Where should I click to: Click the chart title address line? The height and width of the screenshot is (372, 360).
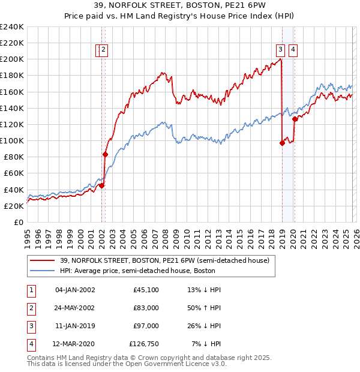[179, 5]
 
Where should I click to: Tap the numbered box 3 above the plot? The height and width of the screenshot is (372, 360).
[280, 50]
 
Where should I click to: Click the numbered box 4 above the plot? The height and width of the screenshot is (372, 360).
[293, 50]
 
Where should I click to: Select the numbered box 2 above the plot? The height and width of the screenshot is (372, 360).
[104, 50]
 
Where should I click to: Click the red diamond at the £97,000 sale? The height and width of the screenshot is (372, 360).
[282, 143]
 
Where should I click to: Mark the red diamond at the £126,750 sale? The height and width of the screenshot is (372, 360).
[295, 119]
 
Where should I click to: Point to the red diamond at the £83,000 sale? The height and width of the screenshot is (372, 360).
[105, 154]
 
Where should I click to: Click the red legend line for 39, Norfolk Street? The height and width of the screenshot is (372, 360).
[42, 260]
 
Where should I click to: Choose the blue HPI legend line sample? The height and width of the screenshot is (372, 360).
[42, 271]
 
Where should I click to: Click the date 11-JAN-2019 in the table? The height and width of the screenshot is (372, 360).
[75, 326]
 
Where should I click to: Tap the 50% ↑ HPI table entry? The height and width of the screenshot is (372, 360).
[205, 308]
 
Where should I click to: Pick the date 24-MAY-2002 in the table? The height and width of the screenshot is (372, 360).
[75, 308]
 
